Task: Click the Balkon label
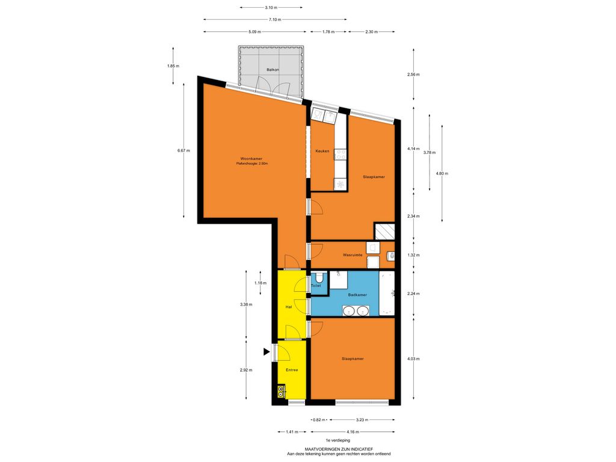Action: click(273, 70)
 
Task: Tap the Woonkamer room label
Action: click(251, 159)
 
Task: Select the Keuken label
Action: click(322, 151)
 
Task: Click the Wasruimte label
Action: click(353, 255)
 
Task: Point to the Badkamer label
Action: click(357, 295)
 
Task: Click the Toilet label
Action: click(316, 286)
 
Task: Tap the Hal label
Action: click(289, 307)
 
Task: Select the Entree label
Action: click(292, 370)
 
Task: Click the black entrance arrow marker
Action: click(266, 351)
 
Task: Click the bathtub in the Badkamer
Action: click(387, 293)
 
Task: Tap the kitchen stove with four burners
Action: click(340, 154)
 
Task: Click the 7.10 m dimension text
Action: click(274, 19)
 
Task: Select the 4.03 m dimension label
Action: click(413, 359)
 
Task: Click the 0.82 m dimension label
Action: click(319, 419)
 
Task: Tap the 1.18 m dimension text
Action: click(260, 283)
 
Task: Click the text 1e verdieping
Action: click(338, 440)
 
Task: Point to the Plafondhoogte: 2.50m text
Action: click(252, 164)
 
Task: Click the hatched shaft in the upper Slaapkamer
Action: click(384, 232)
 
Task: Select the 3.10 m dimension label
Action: click(271, 7)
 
